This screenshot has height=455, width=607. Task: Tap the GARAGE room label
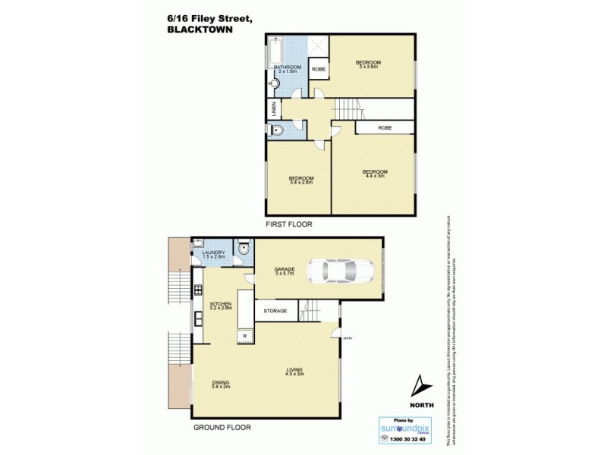[x=285, y=268]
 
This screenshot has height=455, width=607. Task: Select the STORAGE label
[x=275, y=310]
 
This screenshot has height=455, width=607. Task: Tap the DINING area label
[x=222, y=382]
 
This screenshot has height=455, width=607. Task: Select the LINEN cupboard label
[x=273, y=111]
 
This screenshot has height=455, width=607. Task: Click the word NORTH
[x=422, y=406]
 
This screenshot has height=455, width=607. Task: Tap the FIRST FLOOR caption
[x=288, y=224]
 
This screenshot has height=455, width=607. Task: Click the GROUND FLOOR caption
[x=222, y=428]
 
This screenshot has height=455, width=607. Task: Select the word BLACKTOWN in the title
[x=200, y=30]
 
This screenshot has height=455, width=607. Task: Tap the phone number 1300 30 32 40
[x=408, y=439]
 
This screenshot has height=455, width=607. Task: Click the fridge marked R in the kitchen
[x=244, y=335]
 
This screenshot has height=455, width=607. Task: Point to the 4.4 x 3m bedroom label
[x=376, y=173]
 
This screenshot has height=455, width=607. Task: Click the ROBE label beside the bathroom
[x=319, y=70]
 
